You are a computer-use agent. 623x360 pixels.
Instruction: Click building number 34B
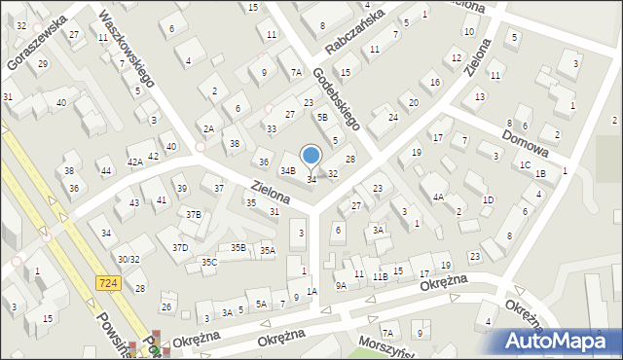pos(287,171)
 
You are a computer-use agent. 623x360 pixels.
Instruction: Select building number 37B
pos(194,215)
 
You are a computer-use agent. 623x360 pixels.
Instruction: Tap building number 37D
pos(180,247)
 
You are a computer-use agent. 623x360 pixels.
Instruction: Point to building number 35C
pos(208,262)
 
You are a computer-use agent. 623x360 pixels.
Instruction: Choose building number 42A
pos(135,162)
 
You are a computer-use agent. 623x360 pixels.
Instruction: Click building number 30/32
pos(128,259)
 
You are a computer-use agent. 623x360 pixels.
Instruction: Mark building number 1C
pos(525,164)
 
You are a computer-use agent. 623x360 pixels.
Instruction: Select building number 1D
pos(488,199)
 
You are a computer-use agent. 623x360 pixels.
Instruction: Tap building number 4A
pos(439,198)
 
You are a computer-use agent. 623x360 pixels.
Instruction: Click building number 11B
pos(381,276)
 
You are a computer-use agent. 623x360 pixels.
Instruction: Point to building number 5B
pos(322,117)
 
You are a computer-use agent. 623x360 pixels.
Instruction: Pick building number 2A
pos(208,128)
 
